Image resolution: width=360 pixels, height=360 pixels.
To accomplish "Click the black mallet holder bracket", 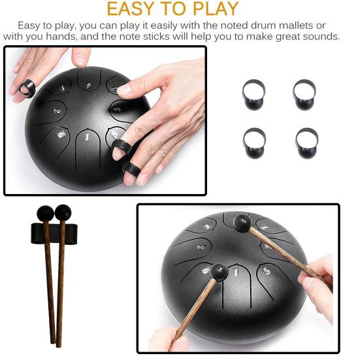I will point(54,233).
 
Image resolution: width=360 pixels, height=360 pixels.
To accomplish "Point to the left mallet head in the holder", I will point(46,214).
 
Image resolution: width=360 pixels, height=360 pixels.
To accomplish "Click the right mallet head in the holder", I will point(63,212).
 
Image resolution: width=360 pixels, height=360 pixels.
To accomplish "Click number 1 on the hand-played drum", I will point(86,137).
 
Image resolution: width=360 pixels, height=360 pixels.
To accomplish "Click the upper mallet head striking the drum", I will point(242,223).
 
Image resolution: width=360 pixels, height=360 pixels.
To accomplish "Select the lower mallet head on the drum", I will point(219,273).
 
